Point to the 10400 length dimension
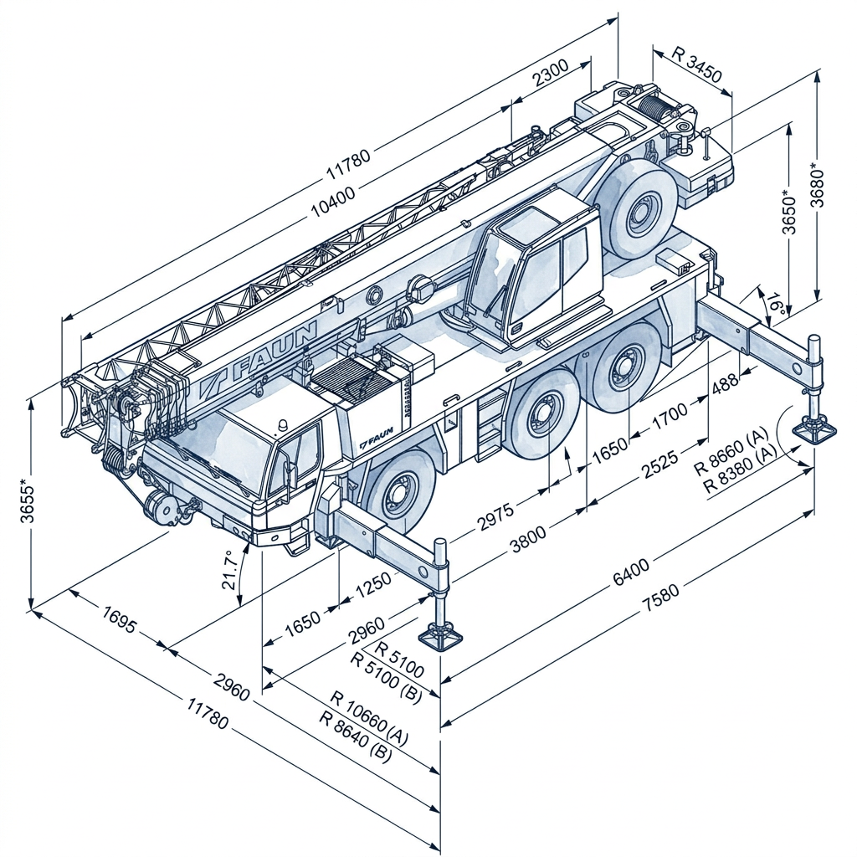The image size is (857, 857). pyautogui.click(x=332, y=202)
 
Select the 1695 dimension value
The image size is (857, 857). pyautogui.click(x=118, y=620)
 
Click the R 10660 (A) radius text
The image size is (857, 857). pyautogui.click(x=369, y=713)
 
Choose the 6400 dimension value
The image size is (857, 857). pyautogui.click(x=631, y=572)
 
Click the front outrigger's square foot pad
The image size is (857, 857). pyautogui.click(x=440, y=639)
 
